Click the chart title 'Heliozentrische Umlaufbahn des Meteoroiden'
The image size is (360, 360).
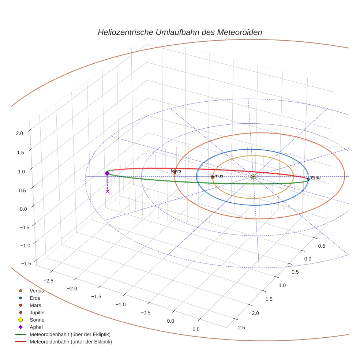(x=180, y=32)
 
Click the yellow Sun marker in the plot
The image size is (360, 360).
(x=253, y=177)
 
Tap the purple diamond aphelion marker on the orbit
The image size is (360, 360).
(x=107, y=173)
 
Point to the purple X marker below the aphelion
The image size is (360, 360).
(x=108, y=191)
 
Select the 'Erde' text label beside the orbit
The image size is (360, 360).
(x=316, y=178)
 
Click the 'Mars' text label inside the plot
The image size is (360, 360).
(x=176, y=171)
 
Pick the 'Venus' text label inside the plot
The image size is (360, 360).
(x=217, y=176)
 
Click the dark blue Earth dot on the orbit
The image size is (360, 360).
(x=308, y=179)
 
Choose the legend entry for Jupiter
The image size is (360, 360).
(x=37, y=312)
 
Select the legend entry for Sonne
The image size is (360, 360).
(x=37, y=320)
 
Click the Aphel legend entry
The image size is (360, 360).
(x=36, y=327)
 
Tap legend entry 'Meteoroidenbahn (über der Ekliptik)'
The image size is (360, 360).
(x=70, y=334)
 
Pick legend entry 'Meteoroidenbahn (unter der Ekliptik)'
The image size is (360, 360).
(x=71, y=342)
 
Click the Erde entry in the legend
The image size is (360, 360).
(x=35, y=298)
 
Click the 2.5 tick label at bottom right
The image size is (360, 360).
(x=241, y=327)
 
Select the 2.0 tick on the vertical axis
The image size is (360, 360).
(x=19, y=133)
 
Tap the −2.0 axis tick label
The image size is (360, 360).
(x=72, y=288)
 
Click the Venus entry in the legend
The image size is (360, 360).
(x=37, y=291)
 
